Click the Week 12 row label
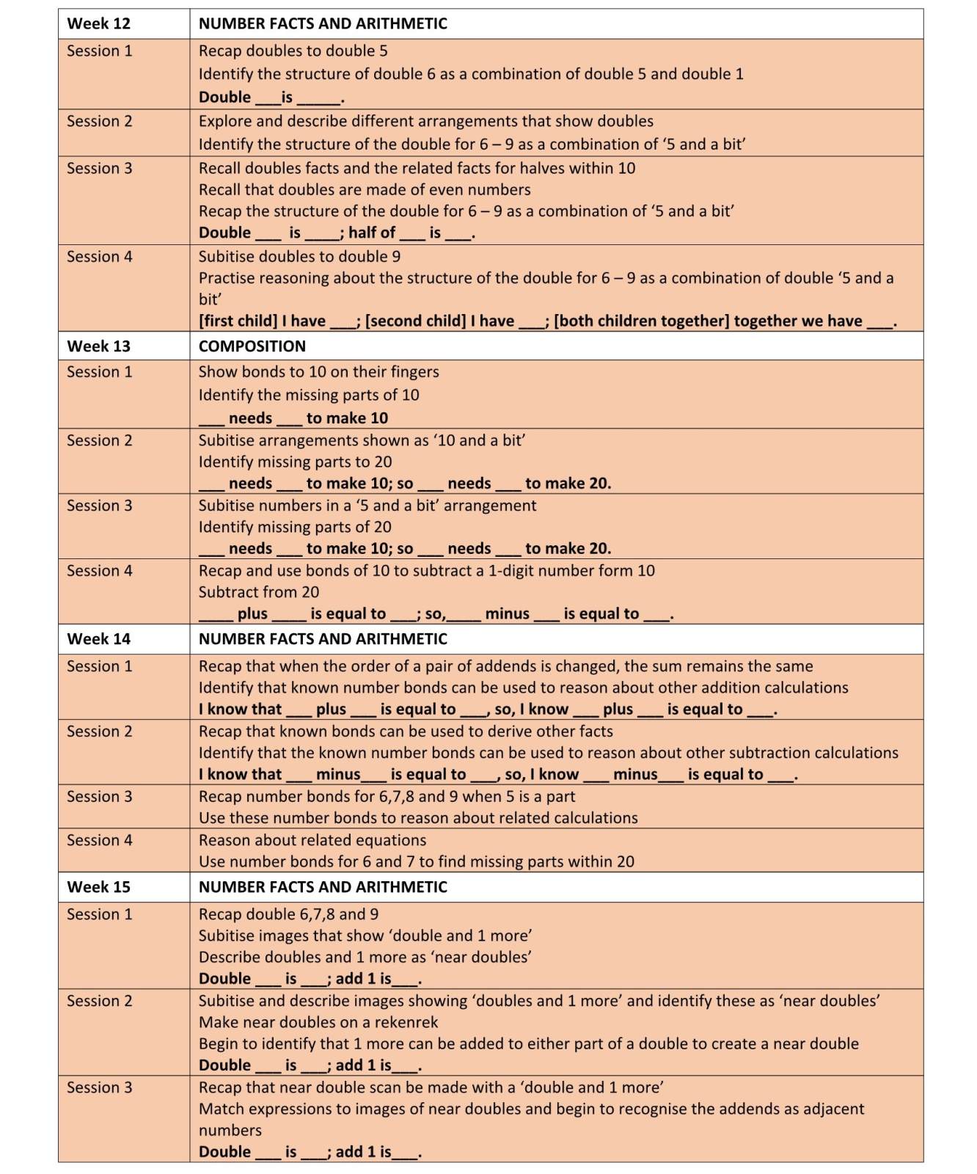(x=98, y=23)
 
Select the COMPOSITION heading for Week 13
(x=252, y=346)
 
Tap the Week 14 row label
(x=98, y=639)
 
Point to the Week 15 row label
(x=98, y=887)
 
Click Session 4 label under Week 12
(x=99, y=257)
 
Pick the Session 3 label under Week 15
(x=99, y=1087)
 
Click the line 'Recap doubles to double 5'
(x=293, y=51)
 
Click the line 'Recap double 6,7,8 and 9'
(x=288, y=914)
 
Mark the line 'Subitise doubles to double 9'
(x=299, y=257)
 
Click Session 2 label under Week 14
(x=99, y=732)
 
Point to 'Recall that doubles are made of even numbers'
(x=365, y=190)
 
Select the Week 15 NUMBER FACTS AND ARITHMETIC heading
(x=323, y=887)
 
